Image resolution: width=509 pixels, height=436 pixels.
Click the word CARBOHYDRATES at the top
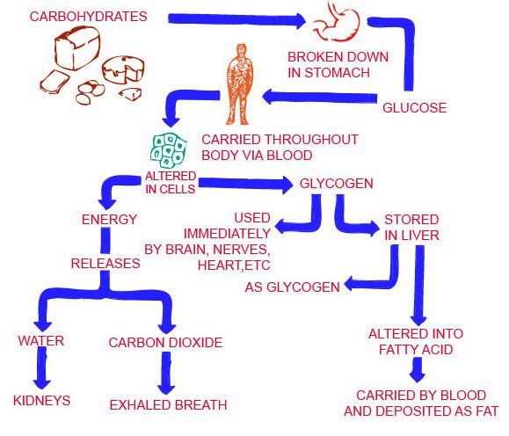[x=88, y=16]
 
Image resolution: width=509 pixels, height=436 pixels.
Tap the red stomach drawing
[x=338, y=23]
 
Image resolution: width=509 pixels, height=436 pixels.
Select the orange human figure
[x=240, y=84]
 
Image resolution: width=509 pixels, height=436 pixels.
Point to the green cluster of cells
[x=169, y=151]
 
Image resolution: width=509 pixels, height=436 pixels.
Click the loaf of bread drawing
[x=77, y=47]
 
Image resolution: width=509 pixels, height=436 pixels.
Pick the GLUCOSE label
[x=415, y=108]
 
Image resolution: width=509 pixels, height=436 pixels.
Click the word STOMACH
[x=338, y=73]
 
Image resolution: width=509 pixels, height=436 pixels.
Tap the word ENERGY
[x=109, y=220]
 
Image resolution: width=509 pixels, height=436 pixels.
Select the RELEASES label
[x=105, y=264]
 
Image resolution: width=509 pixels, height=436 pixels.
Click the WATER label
[x=41, y=341]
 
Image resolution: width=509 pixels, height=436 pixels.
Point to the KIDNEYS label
[x=42, y=401]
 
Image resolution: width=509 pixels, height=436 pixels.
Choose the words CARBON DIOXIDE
[x=165, y=343]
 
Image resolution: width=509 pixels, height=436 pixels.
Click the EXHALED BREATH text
[x=168, y=405]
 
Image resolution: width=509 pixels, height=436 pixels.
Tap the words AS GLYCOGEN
[x=293, y=287]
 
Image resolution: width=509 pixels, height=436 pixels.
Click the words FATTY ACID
[x=416, y=350]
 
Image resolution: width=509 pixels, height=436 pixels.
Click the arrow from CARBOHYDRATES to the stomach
[x=237, y=19]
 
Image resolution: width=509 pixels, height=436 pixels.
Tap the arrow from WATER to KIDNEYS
[x=41, y=367]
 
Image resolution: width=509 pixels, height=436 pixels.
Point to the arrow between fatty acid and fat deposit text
[x=418, y=370]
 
